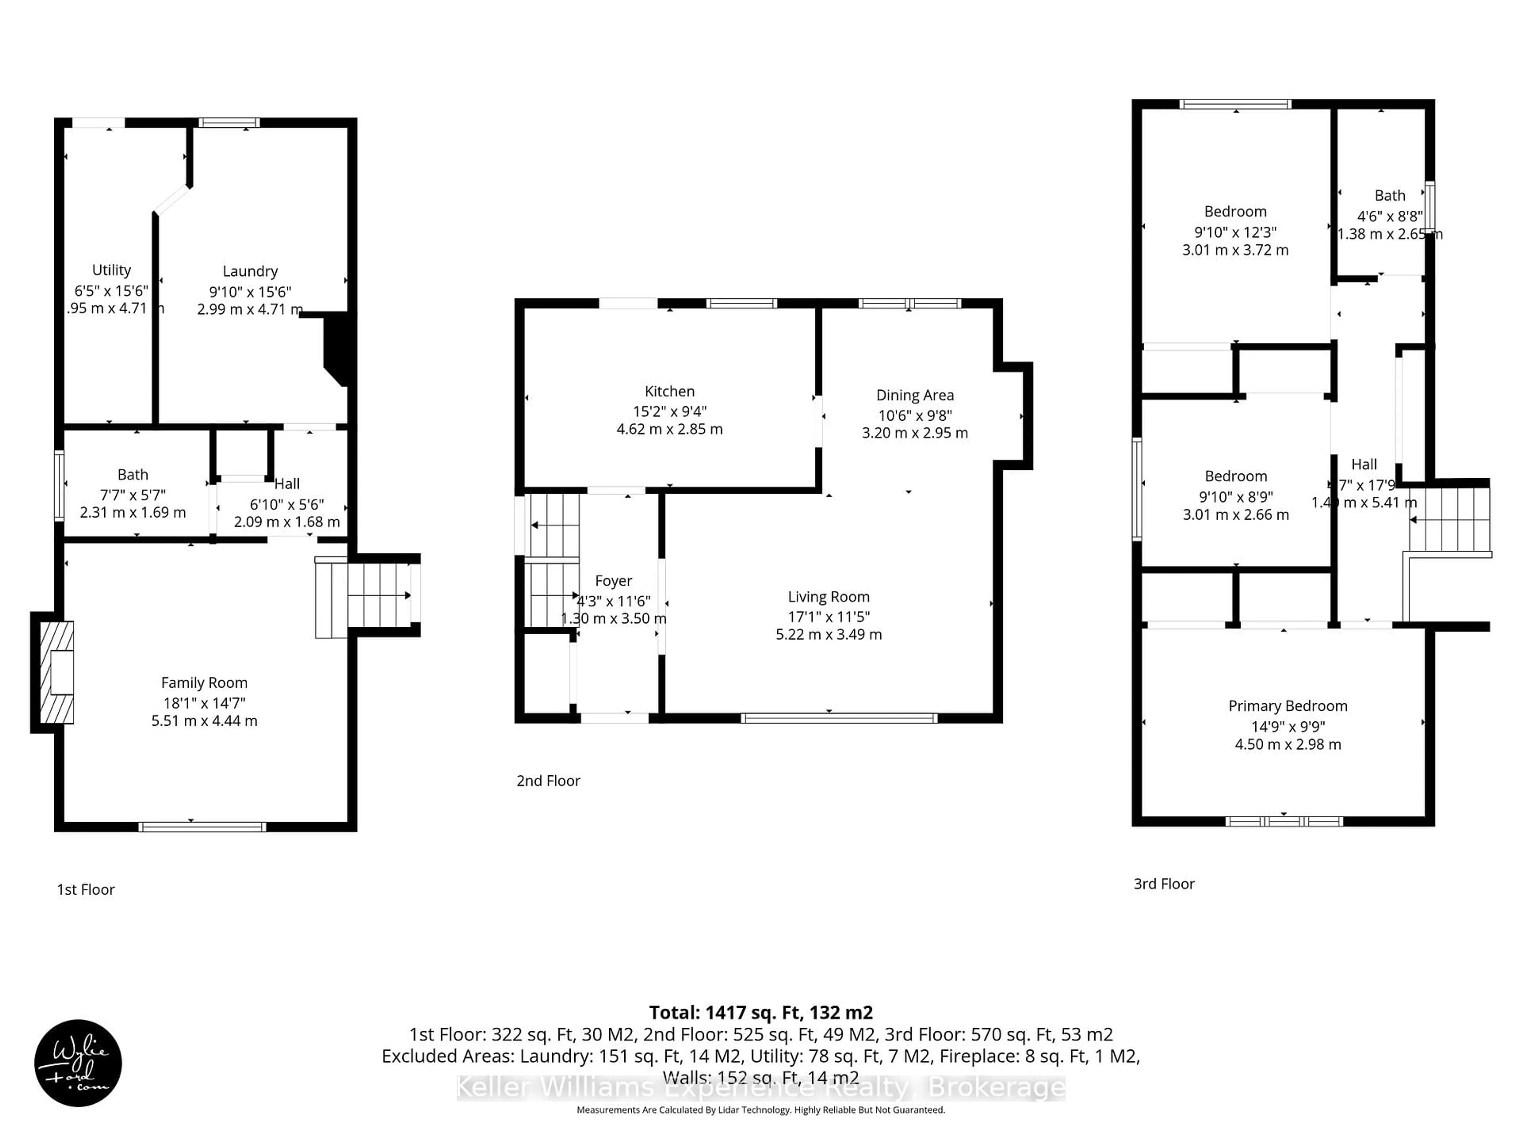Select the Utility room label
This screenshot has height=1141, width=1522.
[111, 270]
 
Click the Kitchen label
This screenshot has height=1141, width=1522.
[669, 391]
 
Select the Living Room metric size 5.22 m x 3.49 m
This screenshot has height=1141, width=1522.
[828, 634]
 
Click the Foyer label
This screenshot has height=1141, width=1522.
[613, 581]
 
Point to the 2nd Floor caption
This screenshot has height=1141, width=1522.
[549, 780]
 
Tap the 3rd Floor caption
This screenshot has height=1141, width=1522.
[1164, 884]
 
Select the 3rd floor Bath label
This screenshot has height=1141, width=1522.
[1389, 196]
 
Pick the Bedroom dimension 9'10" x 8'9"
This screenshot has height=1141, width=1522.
[1236, 496]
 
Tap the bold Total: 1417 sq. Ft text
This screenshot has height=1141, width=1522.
[761, 1012]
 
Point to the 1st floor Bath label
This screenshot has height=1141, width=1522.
[133, 475]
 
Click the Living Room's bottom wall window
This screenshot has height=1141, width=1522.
[839, 718]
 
